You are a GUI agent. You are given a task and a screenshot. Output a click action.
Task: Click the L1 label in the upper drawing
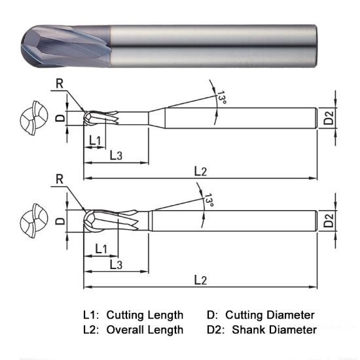point(94,141)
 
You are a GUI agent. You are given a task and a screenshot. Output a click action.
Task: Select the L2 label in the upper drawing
point(200,171)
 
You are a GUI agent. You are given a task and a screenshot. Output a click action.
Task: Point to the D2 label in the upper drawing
point(329,118)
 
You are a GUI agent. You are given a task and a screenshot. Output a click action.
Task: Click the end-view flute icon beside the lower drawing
point(33,221)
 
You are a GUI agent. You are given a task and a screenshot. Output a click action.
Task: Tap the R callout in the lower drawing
point(60,179)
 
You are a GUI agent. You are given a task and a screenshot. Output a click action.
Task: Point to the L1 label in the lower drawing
point(101,249)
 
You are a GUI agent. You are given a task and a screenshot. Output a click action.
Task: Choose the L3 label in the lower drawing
point(116,264)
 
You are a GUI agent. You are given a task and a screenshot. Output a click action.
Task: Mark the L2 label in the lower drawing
point(200,280)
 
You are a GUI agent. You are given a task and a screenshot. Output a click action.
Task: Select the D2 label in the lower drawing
point(329,221)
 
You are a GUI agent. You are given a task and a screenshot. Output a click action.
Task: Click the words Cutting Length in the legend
point(145,315)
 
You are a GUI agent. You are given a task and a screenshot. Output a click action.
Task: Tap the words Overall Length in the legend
point(145,330)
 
